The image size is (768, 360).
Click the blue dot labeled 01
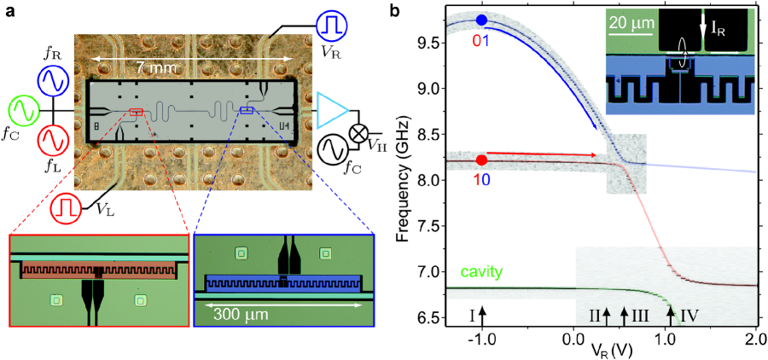482,20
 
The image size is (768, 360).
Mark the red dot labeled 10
482,160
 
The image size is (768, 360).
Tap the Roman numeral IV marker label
689,316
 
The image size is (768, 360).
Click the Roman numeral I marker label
471,316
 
